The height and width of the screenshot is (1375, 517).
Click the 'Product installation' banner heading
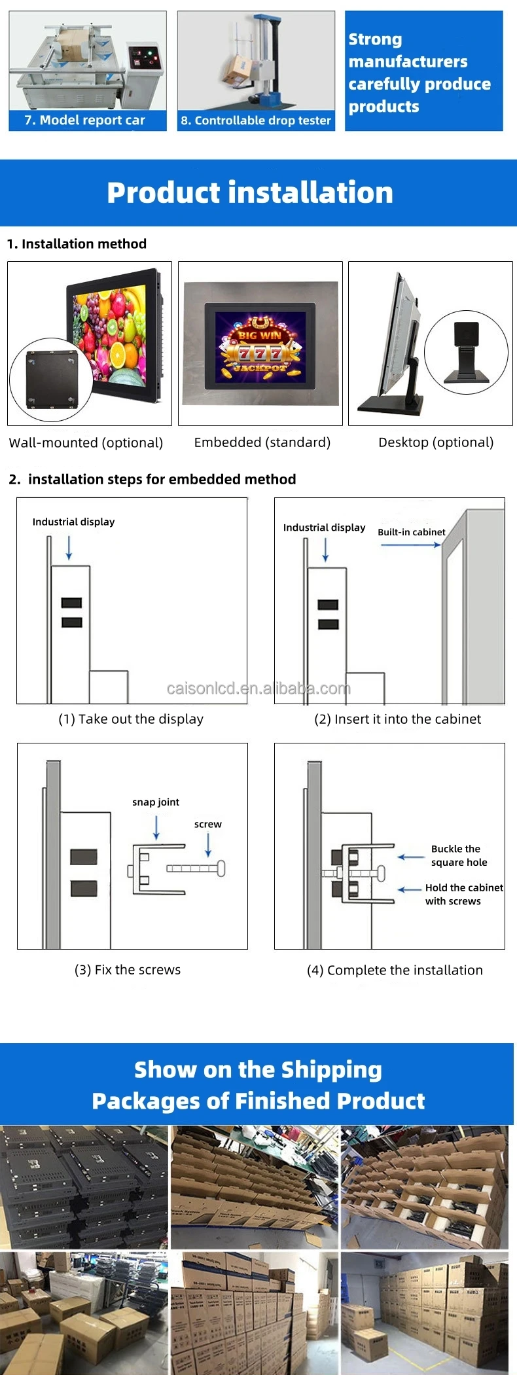coord(250,192)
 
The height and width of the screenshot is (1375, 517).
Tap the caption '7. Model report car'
coord(84,120)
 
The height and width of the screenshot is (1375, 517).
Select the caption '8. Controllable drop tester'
coord(256,120)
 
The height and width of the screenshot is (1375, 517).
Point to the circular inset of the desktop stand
coord(466,352)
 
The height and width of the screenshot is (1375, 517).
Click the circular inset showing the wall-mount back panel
coord(52,380)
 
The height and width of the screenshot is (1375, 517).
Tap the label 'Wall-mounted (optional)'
coord(86,442)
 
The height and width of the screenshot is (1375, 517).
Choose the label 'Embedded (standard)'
coord(262,442)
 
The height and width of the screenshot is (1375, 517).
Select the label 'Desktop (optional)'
coord(436,442)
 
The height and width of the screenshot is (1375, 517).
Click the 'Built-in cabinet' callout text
coord(411,532)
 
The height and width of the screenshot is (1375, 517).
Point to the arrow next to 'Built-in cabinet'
coord(410,545)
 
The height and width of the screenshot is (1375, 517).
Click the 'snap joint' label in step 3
coord(156,802)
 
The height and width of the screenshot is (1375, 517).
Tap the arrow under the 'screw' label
coord(208,844)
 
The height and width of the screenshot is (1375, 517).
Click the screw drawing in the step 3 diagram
coord(196,868)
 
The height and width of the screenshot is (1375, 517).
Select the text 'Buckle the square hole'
coord(458,855)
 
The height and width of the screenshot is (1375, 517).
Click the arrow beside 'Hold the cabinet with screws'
coord(410,889)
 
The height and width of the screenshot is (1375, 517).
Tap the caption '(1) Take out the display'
coord(131,719)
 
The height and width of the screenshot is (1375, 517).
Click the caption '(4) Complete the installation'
coord(395,970)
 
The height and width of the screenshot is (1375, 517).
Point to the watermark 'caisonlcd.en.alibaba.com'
coord(258,688)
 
